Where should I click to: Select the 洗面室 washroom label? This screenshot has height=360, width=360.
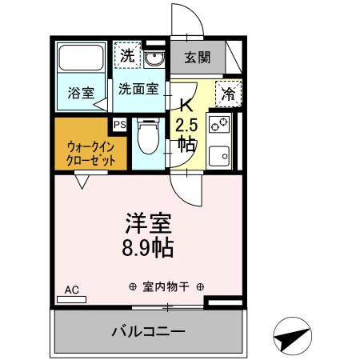pyautogui.click(x=138, y=89)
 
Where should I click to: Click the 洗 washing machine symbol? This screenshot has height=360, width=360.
pyautogui.click(x=126, y=56)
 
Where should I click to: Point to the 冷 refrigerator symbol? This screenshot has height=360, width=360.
pyautogui.click(x=227, y=94)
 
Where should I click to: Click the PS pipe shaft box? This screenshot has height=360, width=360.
pyautogui.click(x=120, y=125)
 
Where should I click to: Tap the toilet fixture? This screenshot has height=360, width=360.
pyautogui.click(x=148, y=138)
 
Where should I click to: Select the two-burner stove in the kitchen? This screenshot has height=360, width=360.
pyautogui.click(x=218, y=124)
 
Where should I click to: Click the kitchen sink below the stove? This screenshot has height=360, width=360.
pyautogui.click(x=218, y=154)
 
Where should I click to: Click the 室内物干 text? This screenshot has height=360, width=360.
pyautogui.click(x=166, y=287)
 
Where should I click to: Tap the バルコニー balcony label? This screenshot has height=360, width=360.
pyautogui.click(x=148, y=330)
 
